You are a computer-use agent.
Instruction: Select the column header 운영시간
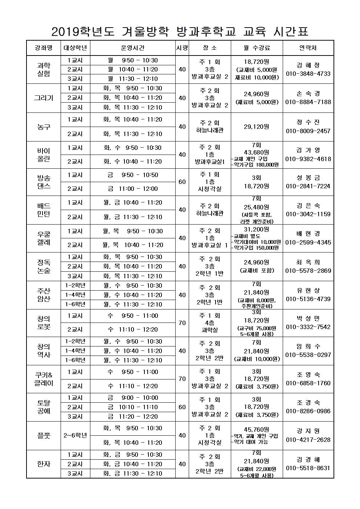pyautogui.click(x=132, y=48)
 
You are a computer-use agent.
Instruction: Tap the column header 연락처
pyautogui.click(x=308, y=48)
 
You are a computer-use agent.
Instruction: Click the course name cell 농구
pyautogui.click(x=44, y=127)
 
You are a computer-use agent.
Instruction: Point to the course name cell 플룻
pyautogui.click(x=44, y=435)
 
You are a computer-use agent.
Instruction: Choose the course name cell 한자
pyautogui.click(x=44, y=464)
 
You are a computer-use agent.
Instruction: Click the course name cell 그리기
pyautogui.click(x=44, y=98)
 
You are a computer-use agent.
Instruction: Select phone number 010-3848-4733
pyautogui.click(x=308, y=74)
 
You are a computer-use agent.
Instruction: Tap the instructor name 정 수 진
pyautogui.click(x=308, y=122)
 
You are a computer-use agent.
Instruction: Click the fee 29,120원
pyautogui.click(x=257, y=127)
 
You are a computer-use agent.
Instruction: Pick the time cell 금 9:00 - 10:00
pyautogui.click(x=133, y=398)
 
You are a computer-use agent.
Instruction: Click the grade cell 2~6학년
pyautogui.click(x=75, y=435)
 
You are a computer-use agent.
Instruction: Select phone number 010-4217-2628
pyautogui.click(x=308, y=440)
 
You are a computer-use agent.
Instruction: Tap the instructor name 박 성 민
pyautogui.click(x=308, y=319)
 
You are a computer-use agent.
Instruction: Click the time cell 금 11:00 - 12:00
pyautogui.click(x=133, y=189)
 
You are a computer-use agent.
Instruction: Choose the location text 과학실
pyautogui.click(x=209, y=330)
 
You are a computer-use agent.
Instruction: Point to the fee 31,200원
pyautogui.click(x=257, y=229)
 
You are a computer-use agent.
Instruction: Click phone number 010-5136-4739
pyautogui.click(x=308, y=299)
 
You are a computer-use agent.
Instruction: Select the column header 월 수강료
pyautogui.click(x=257, y=48)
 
